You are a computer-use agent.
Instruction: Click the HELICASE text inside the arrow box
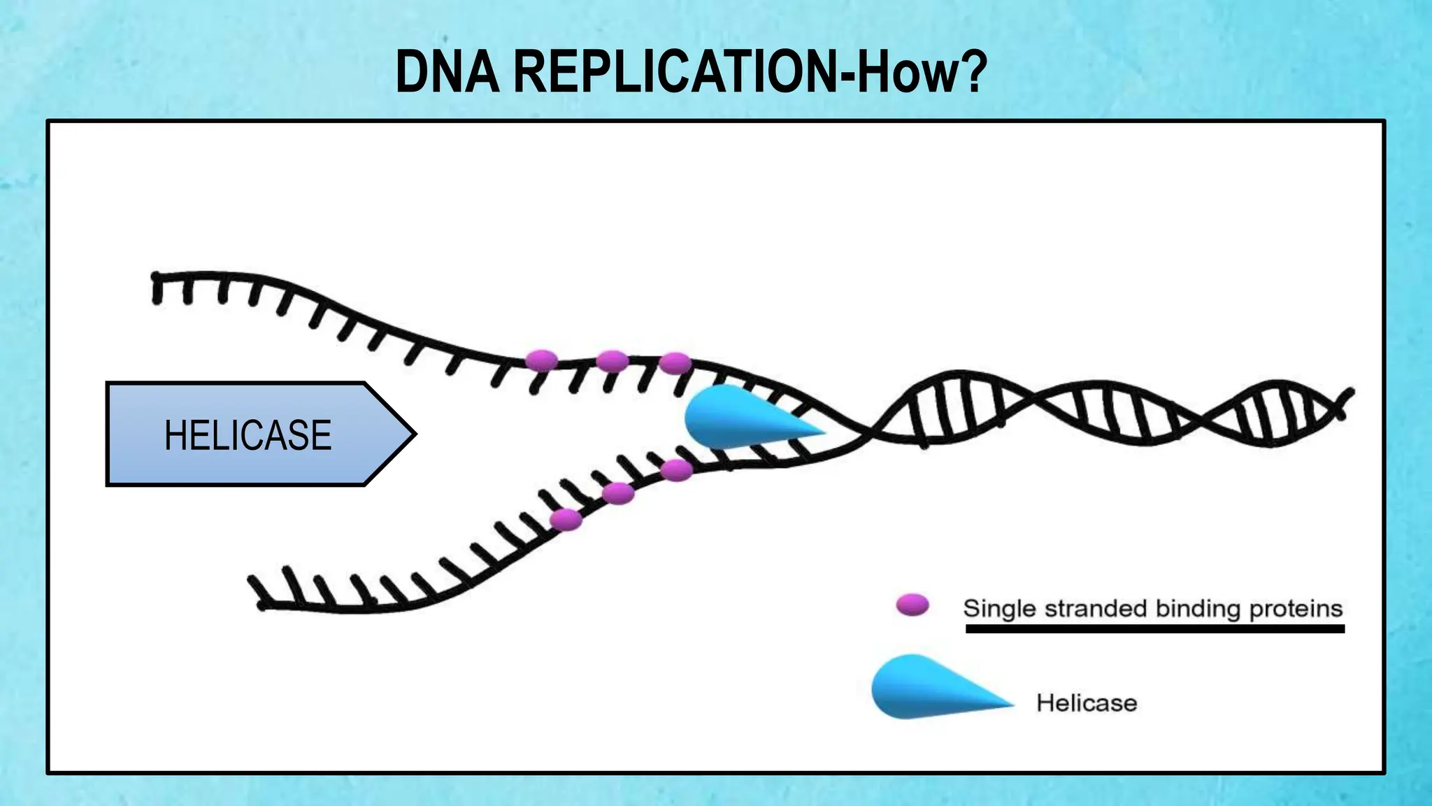(x=248, y=434)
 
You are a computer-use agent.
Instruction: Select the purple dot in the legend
(x=912, y=605)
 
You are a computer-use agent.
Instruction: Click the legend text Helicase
(x=1087, y=702)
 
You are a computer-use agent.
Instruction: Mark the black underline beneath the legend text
(x=1154, y=629)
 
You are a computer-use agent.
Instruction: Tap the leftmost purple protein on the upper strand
(x=542, y=361)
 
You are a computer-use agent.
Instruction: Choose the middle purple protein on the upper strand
(x=613, y=362)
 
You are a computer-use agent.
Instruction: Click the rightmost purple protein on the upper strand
(x=675, y=363)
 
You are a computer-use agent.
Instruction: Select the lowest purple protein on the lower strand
(x=566, y=520)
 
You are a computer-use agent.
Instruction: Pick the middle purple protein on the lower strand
(x=618, y=493)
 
